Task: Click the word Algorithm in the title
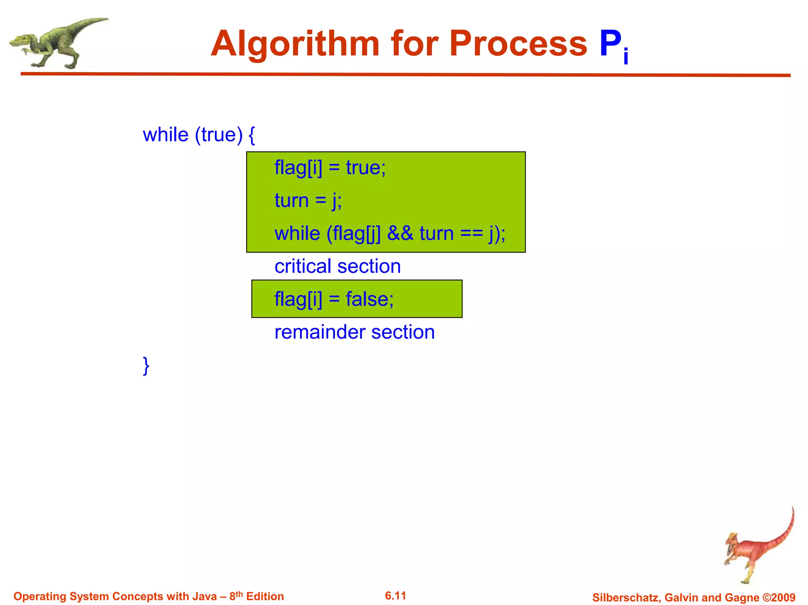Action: tap(295, 44)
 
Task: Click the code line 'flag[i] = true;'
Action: tap(330, 168)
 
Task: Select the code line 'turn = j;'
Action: tap(308, 200)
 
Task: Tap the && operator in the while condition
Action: tap(400, 233)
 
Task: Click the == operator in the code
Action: tap(471, 233)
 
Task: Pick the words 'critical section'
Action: tap(338, 266)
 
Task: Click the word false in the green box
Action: tap(369, 299)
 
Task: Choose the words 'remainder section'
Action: tap(354, 332)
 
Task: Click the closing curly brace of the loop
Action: tap(146, 366)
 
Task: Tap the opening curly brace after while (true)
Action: tap(252, 135)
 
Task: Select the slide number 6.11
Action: tap(395, 596)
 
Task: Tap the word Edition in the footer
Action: tap(265, 596)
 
